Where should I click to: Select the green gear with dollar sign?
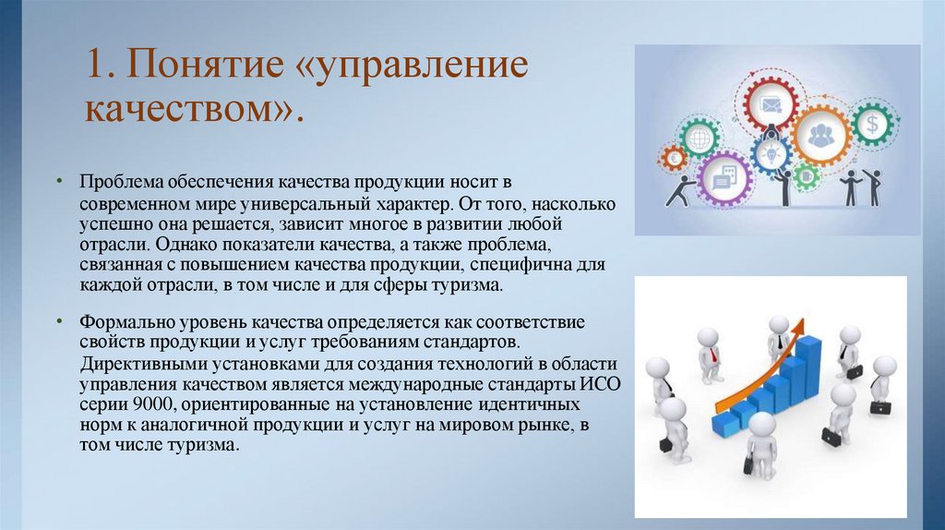pos(869,122)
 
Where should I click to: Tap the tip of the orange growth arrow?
pos(799,323)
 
